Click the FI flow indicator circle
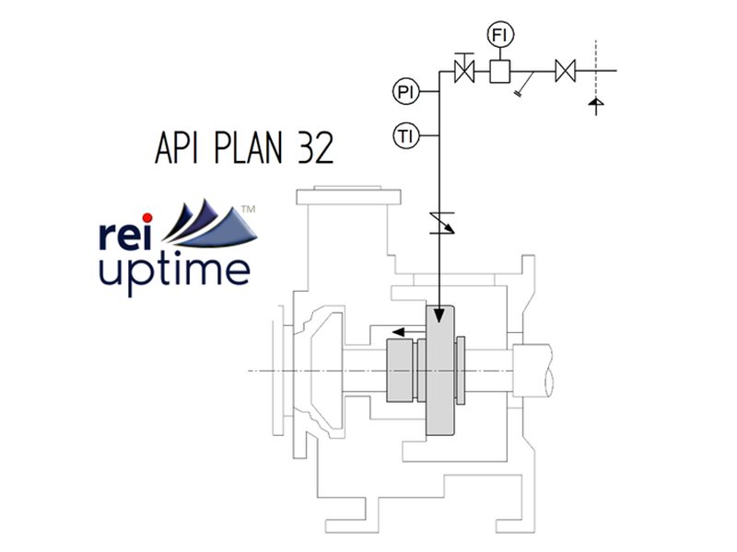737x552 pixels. [500, 36]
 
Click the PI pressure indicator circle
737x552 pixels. [405, 91]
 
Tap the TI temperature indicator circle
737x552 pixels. [405, 136]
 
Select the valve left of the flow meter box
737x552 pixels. [465, 70]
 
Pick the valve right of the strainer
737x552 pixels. [565, 70]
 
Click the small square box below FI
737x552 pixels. [500, 70]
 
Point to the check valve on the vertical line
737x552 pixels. [439, 222]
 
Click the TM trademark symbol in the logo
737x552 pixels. [247, 211]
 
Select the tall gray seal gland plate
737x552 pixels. [441, 368]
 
